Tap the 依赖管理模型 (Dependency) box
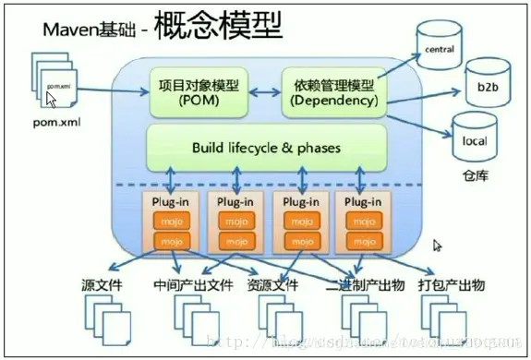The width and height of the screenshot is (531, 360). coord(330,93)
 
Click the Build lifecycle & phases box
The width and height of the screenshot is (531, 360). coord(266,147)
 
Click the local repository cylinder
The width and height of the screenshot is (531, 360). coord(474,139)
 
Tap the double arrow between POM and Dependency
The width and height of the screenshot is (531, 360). coord(263,93)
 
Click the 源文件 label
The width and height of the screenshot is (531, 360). coord(101,284)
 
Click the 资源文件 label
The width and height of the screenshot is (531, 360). coord(272,284)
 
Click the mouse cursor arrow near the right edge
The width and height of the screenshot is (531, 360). coord(438,246)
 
